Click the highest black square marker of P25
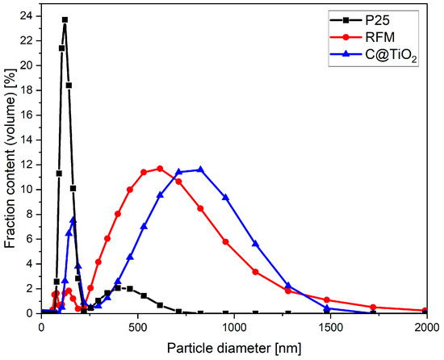click(x=65, y=19)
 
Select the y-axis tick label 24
click(x=27, y=16)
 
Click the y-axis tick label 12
click(x=27, y=165)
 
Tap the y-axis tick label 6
click(x=30, y=239)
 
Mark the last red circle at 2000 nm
click(x=425, y=311)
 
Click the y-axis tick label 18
click(x=27, y=90)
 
